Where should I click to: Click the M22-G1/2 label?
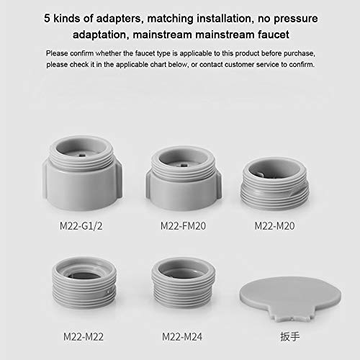pos(81,226)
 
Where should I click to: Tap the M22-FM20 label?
pos(183,226)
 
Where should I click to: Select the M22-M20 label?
pos(274,226)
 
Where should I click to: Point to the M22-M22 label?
pos(84,337)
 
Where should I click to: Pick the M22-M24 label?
pos(182,337)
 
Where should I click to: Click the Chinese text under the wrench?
pos(290,336)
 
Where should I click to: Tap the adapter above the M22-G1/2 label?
pos(82,173)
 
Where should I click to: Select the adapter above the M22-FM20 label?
pos(184,178)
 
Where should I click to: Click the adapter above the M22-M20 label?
pos(275,184)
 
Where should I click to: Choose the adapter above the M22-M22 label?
pos(84,282)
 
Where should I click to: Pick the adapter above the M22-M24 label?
pos(183,283)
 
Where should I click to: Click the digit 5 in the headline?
pos(47,19)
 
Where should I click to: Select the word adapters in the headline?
pos(120,19)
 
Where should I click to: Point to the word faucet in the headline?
pos(274,35)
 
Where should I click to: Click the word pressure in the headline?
pos(296,19)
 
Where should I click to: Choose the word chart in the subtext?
pos(158,65)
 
